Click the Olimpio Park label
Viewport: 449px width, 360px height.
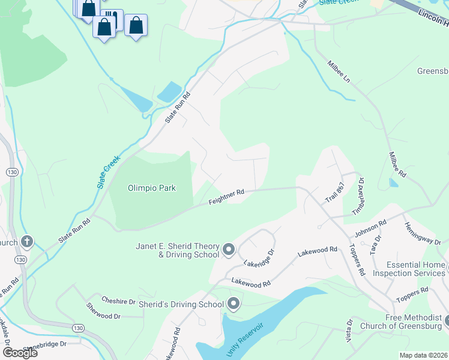152,188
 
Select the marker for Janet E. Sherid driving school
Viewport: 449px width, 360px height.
228,248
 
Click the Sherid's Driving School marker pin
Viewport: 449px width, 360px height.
234,304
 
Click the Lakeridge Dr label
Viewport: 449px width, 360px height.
259,258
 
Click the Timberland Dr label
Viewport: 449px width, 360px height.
358,196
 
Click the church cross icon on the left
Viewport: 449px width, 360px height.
26,242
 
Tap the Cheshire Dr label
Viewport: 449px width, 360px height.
118,302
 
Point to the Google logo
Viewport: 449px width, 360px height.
20,353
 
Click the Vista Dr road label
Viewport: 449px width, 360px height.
349,330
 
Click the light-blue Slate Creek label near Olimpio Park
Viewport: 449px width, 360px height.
109,172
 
